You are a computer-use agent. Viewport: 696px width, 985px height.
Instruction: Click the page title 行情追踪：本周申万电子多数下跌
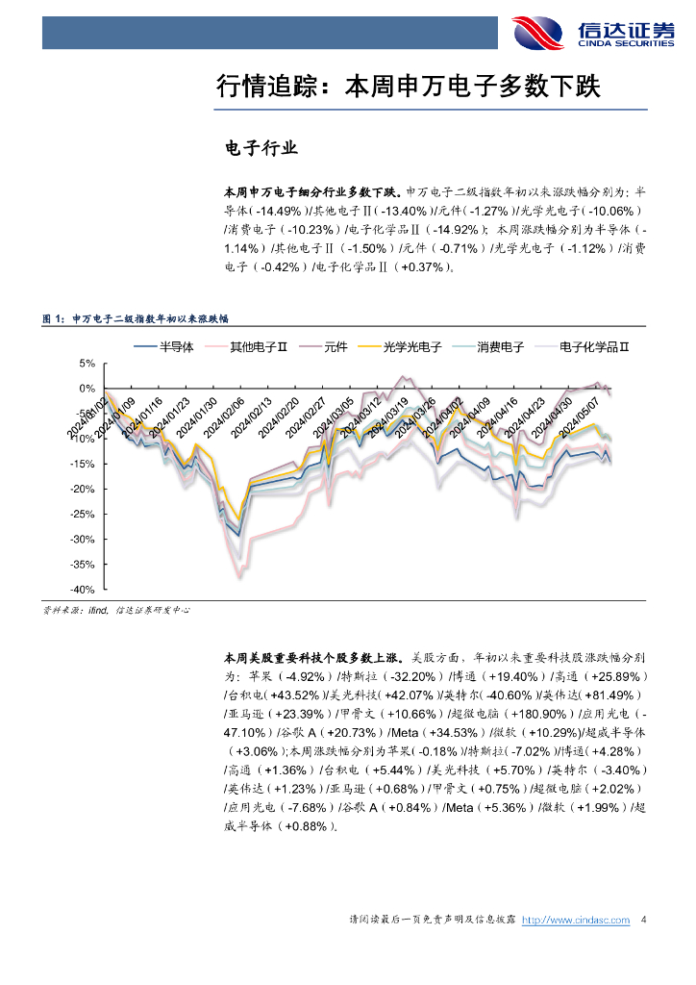[x=409, y=87]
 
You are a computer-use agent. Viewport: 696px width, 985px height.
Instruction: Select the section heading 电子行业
[x=261, y=149]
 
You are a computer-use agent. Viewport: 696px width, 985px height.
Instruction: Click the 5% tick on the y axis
[x=87, y=364]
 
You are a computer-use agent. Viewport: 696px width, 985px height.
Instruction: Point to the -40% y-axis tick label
[x=83, y=590]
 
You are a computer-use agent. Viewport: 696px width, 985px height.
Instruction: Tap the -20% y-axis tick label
[x=83, y=489]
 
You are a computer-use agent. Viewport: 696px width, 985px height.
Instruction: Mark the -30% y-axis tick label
[x=83, y=540]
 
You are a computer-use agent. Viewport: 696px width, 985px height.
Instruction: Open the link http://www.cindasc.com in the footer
[x=575, y=921]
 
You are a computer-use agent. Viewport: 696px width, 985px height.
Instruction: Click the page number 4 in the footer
[x=643, y=921]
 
